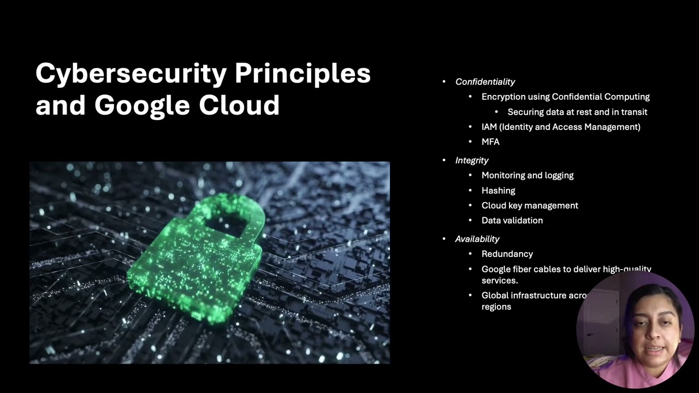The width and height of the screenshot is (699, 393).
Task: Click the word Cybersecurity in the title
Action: click(131, 74)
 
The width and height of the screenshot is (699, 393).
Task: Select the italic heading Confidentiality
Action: click(485, 82)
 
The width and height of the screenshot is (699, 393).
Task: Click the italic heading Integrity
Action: click(472, 160)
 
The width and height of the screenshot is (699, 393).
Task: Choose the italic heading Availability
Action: click(477, 239)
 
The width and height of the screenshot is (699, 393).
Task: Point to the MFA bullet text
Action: click(490, 142)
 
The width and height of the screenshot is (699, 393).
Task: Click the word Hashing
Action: click(498, 190)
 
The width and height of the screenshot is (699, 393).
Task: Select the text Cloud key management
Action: click(530, 206)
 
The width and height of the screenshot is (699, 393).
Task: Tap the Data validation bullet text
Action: click(512, 221)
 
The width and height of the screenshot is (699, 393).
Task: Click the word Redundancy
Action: click(507, 254)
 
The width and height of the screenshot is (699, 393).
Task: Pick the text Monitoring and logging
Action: click(527, 176)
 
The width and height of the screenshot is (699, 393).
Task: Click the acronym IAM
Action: click(489, 127)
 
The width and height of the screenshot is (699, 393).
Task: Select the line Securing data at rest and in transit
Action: click(577, 112)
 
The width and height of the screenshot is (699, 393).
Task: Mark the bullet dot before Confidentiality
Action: click(444, 82)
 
